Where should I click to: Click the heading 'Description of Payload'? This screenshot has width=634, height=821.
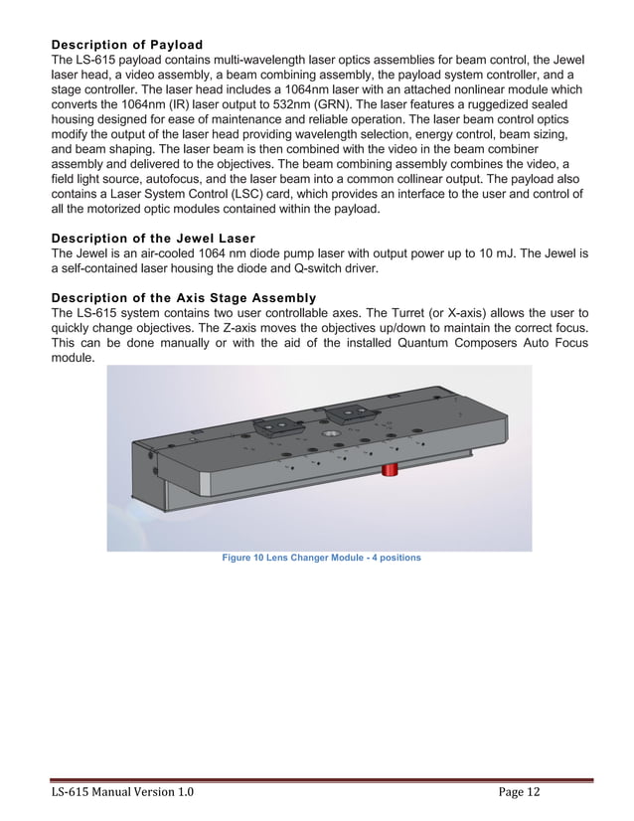126,45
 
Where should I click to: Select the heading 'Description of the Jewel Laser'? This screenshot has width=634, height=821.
153,239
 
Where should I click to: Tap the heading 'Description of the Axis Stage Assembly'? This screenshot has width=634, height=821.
184,298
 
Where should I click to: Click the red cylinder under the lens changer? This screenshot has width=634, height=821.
391,468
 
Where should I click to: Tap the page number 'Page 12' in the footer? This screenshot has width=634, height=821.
520,791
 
